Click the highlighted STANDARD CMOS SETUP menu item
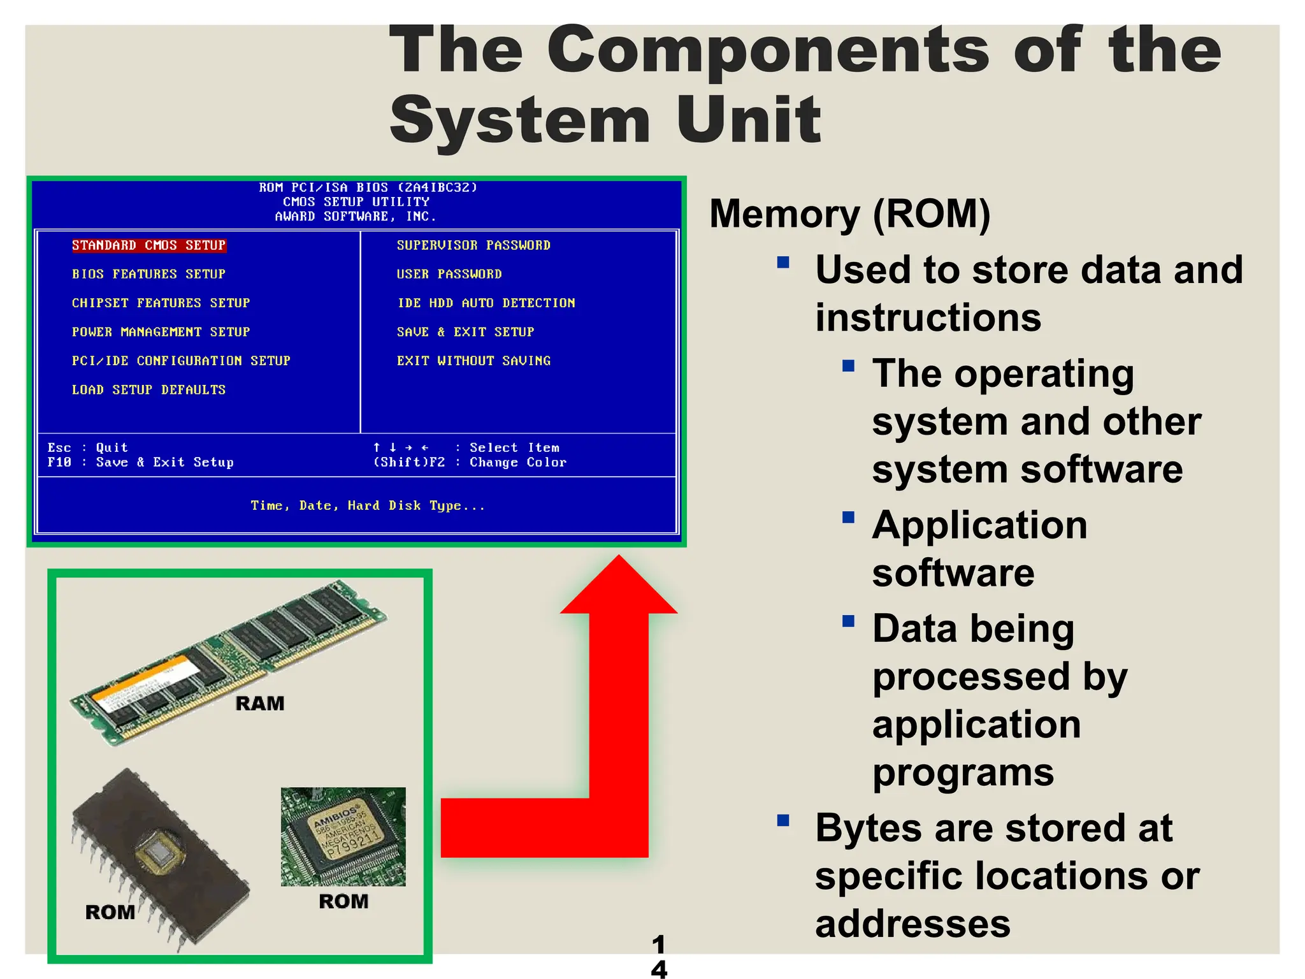(x=148, y=245)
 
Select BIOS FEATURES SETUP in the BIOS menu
(x=148, y=274)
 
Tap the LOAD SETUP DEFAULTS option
(x=148, y=389)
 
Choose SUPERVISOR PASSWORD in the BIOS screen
(x=473, y=245)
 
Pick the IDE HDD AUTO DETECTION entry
(x=486, y=303)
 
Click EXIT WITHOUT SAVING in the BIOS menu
(x=473, y=361)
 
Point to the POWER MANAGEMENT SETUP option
(x=161, y=332)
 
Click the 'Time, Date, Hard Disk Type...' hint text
(x=368, y=505)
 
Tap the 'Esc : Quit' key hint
(x=87, y=447)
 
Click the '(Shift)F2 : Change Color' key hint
(x=470, y=462)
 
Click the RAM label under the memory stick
(x=260, y=704)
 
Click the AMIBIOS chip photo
(x=343, y=836)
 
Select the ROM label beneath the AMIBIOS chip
(x=343, y=901)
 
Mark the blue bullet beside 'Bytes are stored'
(x=783, y=820)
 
